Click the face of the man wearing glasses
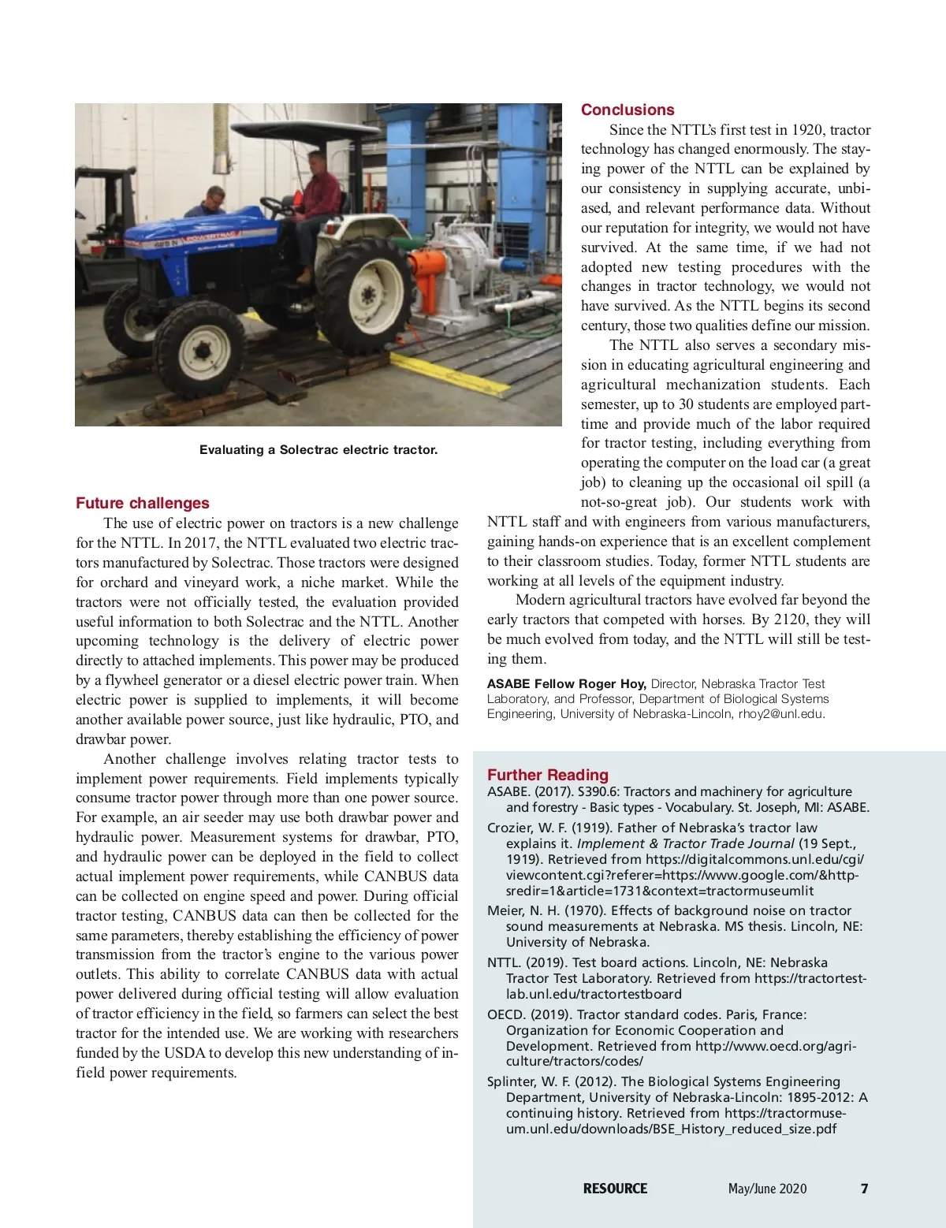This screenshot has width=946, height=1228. (x=215, y=196)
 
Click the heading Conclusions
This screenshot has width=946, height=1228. (x=628, y=110)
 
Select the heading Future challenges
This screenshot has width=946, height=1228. (x=143, y=503)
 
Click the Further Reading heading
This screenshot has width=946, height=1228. (x=548, y=775)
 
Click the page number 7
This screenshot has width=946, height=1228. (x=864, y=1189)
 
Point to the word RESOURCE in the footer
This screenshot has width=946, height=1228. (x=615, y=1189)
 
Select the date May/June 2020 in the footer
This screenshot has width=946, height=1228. (x=767, y=1189)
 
